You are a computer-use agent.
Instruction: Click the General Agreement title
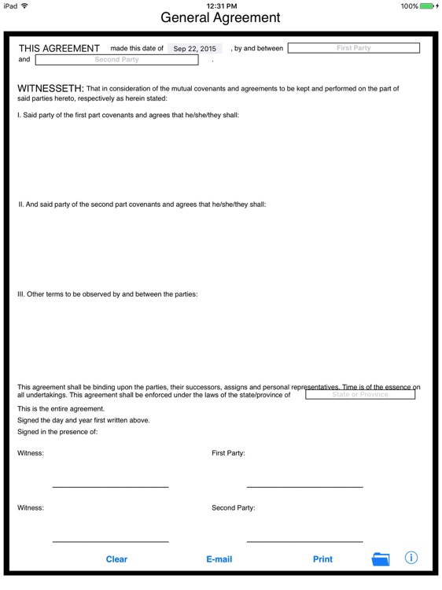(220, 17)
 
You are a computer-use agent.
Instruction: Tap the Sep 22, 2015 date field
(195, 49)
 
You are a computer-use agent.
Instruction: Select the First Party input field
(353, 48)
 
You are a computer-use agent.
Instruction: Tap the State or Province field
(359, 395)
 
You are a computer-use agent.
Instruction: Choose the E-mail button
(219, 559)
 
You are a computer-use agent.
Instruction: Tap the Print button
(322, 559)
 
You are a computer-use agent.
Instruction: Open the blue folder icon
(381, 559)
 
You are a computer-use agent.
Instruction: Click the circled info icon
(411, 558)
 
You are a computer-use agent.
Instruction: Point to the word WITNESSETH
(50, 89)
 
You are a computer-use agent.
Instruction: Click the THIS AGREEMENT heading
(59, 49)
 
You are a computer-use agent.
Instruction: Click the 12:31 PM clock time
(221, 6)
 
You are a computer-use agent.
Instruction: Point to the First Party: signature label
(229, 453)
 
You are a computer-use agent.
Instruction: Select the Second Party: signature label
(234, 508)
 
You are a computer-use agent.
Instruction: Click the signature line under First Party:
(304, 487)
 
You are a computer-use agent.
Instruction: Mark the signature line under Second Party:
(304, 542)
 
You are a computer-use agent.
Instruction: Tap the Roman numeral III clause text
(108, 294)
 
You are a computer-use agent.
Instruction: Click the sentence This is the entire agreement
(61, 409)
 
